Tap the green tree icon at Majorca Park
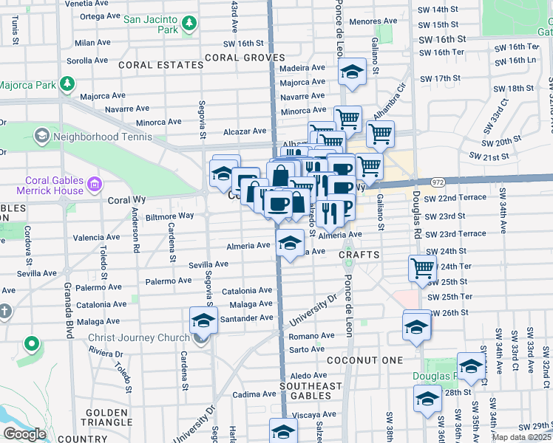(x=69, y=83)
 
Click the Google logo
(x=24, y=434)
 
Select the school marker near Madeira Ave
(x=353, y=72)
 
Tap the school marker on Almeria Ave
(x=291, y=242)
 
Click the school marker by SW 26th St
(x=415, y=325)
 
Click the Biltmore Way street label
(x=169, y=216)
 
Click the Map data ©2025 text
(x=521, y=437)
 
